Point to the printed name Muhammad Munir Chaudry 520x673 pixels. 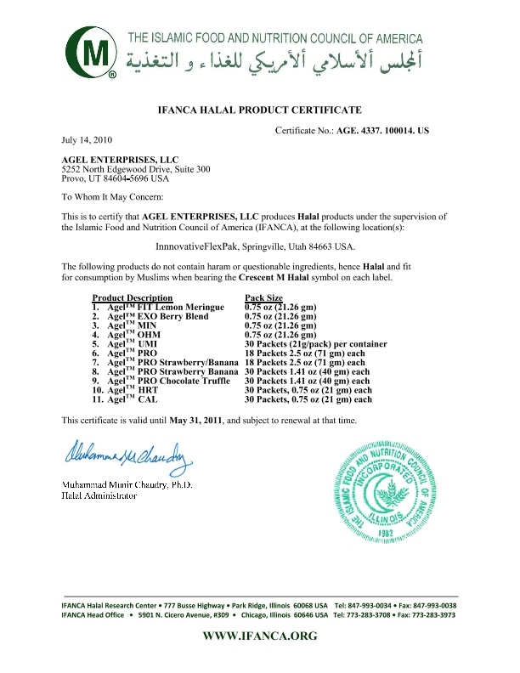[115, 484]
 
